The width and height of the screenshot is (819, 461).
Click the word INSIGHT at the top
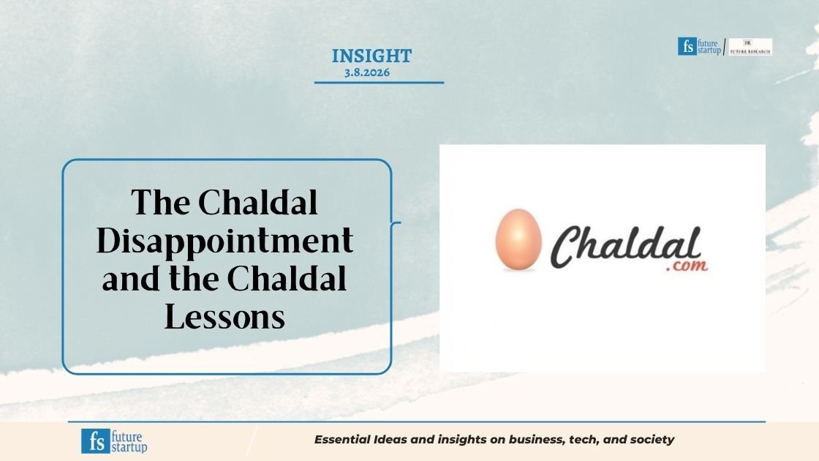pyautogui.click(x=371, y=56)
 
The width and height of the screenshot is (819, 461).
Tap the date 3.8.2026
pyautogui.click(x=367, y=72)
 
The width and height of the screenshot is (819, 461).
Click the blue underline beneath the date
pyautogui.click(x=379, y=83)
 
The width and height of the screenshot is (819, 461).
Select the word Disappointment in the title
pyautogui.click(x=225, y=241)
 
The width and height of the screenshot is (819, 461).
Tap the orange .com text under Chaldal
pyautogui.click(x=687, y=267)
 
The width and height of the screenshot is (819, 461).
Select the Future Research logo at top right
pyautogui.click(x=750, y=47)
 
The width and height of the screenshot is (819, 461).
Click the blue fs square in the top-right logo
pyautogui.click(x=686, y=47)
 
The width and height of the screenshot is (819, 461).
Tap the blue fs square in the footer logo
pyautogui.click(x=94, y=441)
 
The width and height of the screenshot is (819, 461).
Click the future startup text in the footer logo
pyautogui.click(x=129, y=441)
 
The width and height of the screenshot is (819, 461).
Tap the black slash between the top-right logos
pyautogui.click(x=725, y=48)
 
